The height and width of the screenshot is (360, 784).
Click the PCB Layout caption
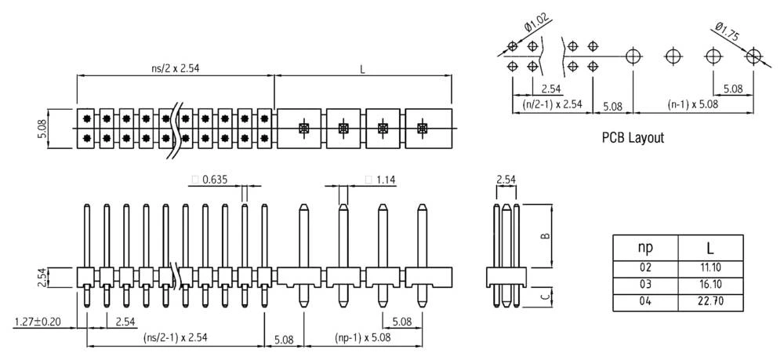coord(632,138)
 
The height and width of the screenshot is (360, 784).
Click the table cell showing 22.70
coord(710,300)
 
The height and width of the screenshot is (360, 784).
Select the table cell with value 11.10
coord(710,267)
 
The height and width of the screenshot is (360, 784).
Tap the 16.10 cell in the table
coord(710,283)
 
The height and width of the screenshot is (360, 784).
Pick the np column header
coord(644,248)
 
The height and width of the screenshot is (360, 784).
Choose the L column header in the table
coord(710,248)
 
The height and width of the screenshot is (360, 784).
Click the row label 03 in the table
coord(644,283)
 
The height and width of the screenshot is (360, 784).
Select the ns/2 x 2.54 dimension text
coord(176,67)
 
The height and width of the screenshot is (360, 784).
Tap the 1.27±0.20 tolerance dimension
coord(39,322)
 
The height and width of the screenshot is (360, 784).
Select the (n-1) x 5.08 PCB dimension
coord(695,104)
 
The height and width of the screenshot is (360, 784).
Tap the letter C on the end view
coord(545,296)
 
